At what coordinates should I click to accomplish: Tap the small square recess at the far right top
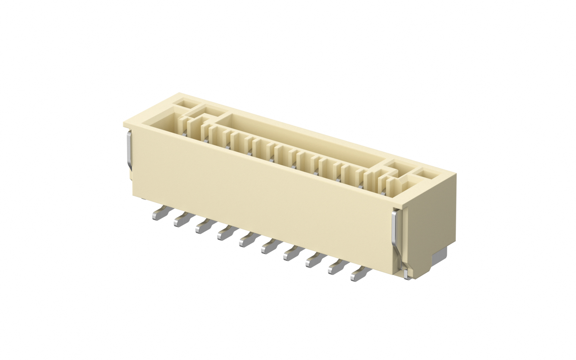tap(424, 174)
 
